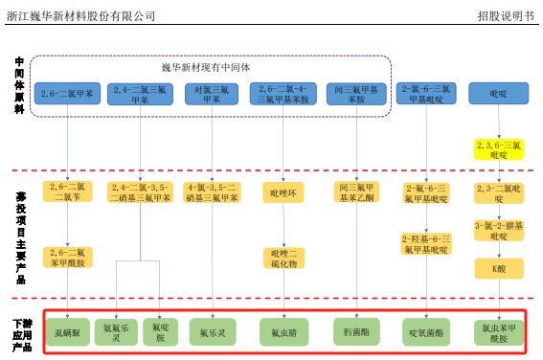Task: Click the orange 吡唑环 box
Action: [x=283, y=191]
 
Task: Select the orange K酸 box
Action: [x=498, y=269]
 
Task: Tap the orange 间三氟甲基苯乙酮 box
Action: [x=354, y=191]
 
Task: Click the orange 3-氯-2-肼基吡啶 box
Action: [x=498, y=231]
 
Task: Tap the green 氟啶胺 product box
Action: [x=160, y=331]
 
